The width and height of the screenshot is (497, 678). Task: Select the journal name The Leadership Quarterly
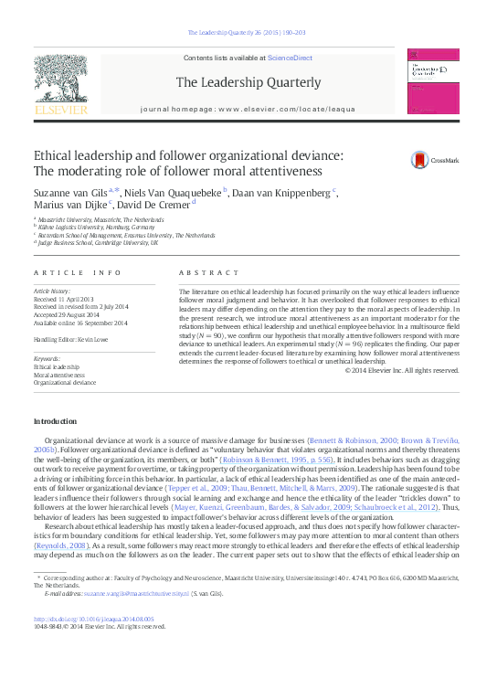[248, 82]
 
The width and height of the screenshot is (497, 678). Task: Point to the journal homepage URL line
[248, 109]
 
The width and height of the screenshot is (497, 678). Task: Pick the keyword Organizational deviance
[65, 382]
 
